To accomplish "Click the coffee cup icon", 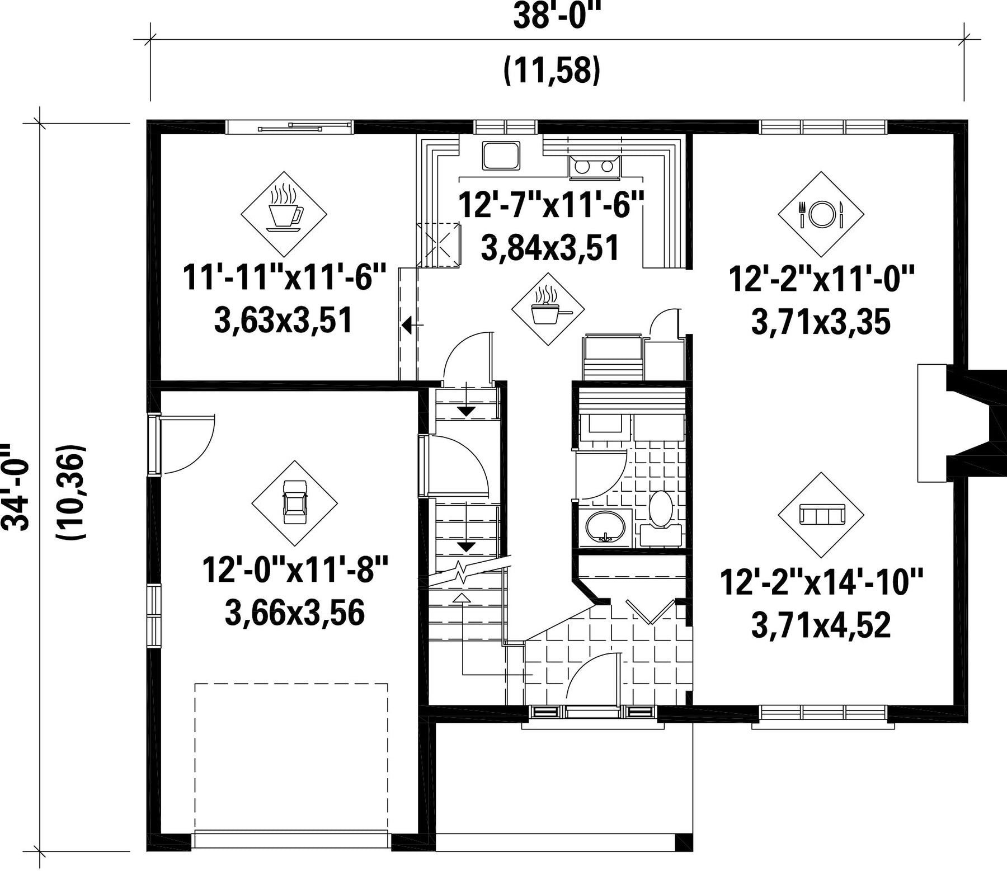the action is click(284, 208).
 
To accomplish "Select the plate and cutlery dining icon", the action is click(821, 214).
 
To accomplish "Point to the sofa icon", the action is click(821, 514).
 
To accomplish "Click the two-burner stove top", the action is click(595, 167).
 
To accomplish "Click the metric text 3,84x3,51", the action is click(550, 248).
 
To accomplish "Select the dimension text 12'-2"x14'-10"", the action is click(821, 582).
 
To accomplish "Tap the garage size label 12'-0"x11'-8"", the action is click(295, 569).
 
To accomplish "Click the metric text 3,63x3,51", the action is click(284, 321).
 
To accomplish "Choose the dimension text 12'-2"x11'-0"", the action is click(821, 279).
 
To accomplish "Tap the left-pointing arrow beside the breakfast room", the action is click(412, 325).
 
